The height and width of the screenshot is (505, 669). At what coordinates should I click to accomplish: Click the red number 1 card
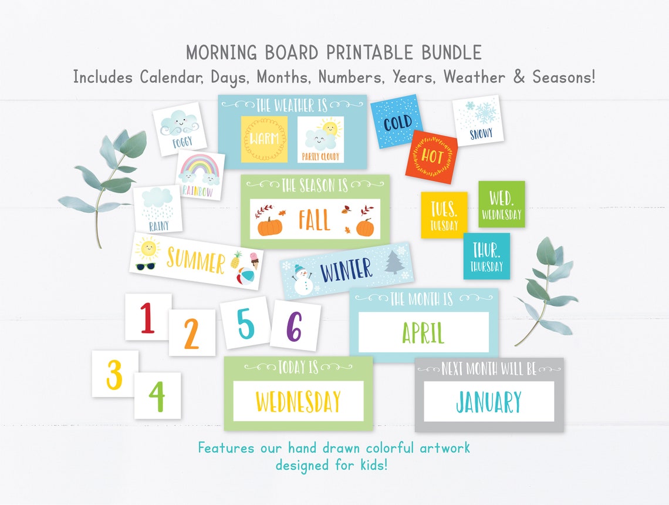tap(147, 317)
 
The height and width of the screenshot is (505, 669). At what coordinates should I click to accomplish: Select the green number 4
tap(157, 396)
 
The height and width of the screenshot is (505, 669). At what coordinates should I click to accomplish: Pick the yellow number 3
tap(114, 374)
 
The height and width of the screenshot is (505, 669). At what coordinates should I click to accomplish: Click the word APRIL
tap(423, 332)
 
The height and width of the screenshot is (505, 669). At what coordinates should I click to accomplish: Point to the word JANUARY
tap(488, 402)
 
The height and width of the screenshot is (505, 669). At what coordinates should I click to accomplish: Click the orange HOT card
tap(431, 157)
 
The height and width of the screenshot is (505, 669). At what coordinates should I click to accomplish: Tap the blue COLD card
tap(397, 122)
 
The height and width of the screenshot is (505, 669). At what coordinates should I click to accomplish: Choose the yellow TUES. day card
tap(444, 214)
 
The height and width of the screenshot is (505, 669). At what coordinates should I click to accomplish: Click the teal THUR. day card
tap(486, 256)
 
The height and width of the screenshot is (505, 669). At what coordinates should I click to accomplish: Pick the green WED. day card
tap(501, 204)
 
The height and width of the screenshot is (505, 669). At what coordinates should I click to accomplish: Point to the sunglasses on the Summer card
tap(145, 266)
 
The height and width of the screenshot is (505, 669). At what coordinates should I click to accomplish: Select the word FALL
tap(314, 220)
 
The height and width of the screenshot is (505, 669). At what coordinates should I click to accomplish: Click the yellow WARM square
tap(264, 139)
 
